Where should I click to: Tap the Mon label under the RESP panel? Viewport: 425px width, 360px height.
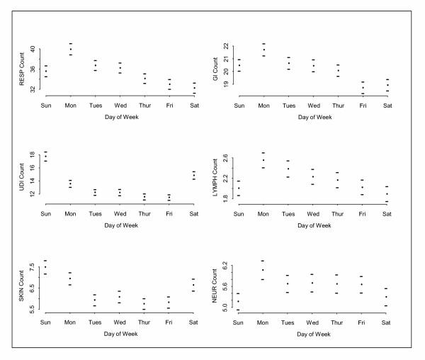[71, 106]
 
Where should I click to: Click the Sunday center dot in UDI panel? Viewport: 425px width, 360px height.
[46, 157]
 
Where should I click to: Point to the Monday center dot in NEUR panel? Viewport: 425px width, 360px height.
[263, 270]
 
